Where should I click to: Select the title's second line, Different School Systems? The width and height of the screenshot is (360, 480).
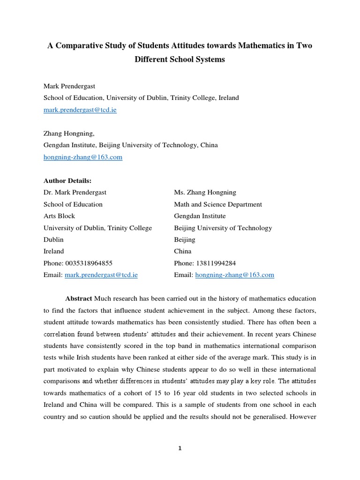(180, 60)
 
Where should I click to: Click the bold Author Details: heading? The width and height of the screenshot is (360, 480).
(67, 180)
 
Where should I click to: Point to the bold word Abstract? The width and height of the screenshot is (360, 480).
(79, 299)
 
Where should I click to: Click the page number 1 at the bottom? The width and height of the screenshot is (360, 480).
(180, 448)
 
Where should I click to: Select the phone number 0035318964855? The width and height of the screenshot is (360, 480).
(89, 263)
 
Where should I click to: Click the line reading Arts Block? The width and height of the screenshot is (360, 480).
(59, 216)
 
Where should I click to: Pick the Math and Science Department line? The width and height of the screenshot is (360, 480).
(218, 204)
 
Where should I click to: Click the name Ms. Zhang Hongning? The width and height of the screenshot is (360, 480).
(205, 192)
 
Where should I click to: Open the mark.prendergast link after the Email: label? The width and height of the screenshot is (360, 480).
(101, 275)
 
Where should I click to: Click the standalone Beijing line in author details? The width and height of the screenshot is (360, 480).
(185, 240)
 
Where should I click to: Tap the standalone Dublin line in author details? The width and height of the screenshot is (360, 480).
(54, 240)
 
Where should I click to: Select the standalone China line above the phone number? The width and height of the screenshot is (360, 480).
(183, 251)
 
